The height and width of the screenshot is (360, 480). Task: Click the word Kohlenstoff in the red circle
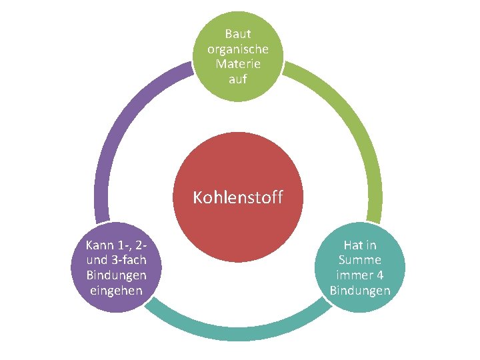(238, 197)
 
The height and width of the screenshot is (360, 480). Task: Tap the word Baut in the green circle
(238, 33)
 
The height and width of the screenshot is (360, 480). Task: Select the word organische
(238, 49)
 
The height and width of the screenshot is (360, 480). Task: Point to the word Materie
(238, 64)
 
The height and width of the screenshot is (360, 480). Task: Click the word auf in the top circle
(238, 79)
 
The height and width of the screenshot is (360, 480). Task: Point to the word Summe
(360, 260)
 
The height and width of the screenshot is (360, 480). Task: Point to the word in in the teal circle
(371, 245)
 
